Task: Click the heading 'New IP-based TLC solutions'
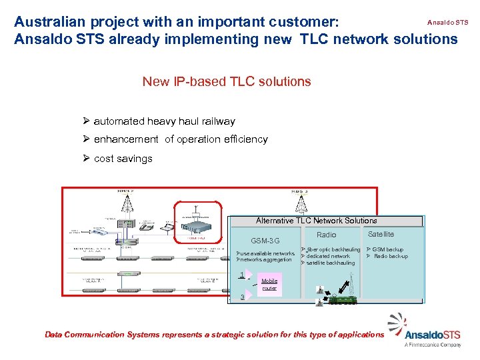pos(226,82)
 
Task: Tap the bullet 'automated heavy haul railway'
pos(164,121)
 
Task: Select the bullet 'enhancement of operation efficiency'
pos(180,139)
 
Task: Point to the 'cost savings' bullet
pos(123,159)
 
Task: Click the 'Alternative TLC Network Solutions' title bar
pos(317,221)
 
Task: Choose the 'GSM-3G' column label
pos(265,241)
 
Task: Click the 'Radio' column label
pos(327,235)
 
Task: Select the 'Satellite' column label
pos(381,234)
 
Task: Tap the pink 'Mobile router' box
pos(269,285)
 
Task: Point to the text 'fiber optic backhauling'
pos(333,250)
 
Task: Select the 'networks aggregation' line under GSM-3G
pos(265,260)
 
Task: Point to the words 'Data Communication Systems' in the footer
pos(93,335)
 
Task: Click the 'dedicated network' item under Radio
pos(327,257)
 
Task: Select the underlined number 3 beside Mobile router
pos(242,297)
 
